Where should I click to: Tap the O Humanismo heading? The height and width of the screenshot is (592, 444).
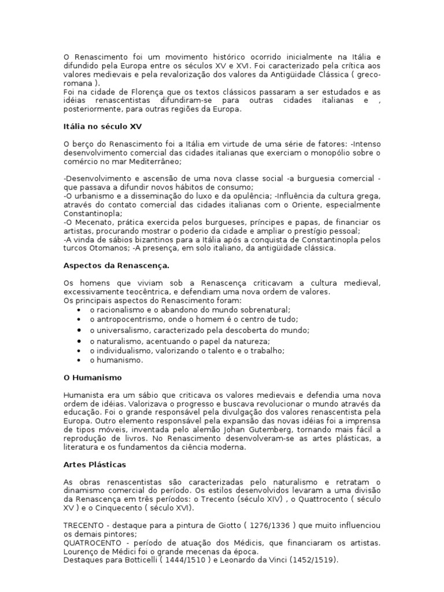click(92, 377)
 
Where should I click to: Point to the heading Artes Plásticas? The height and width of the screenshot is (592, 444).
click(94, 464)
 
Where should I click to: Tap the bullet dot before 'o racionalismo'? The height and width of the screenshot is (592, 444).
click(78, 310)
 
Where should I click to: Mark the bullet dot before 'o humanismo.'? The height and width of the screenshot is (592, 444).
click(78, 360)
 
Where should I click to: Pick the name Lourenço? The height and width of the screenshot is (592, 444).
click(81, 552)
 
